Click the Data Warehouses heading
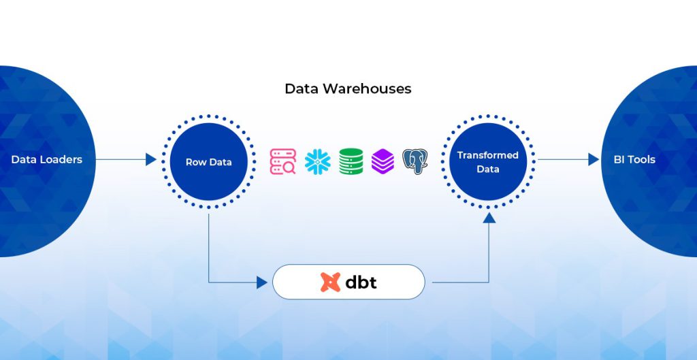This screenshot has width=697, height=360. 348,89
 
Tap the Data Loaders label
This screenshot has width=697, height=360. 46,160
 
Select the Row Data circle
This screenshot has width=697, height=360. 208,162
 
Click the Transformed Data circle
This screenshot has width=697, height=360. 487,162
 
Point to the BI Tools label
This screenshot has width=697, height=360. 634,160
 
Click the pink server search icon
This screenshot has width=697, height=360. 282,162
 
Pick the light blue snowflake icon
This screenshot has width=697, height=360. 317,162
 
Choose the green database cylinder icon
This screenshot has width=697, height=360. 351,162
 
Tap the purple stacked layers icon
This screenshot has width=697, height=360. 383,162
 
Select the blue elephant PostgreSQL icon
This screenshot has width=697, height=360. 415,162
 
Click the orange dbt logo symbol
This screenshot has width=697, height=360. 330,282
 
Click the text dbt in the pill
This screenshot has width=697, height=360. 361,282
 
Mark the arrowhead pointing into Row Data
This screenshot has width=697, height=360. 151,160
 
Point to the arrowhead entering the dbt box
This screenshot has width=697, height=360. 262,282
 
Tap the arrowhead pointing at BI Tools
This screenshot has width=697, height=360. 594,160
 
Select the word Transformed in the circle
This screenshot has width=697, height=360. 487,155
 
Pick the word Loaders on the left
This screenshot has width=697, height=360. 61,160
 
